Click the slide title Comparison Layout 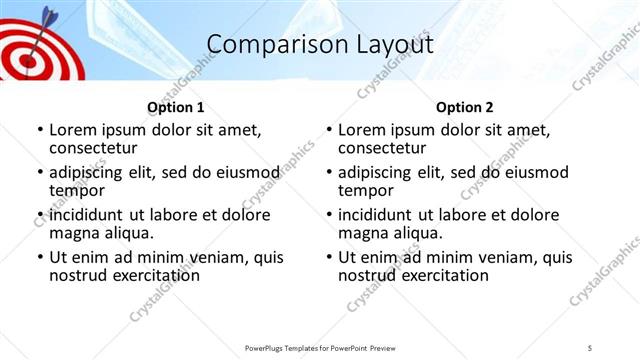(x=320, y=45)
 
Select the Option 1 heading (x=175, y=107)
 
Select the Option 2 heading (x=464, y=107)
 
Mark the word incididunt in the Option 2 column (x=382, y=215)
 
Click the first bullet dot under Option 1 (x=39, y=130)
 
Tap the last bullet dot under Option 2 (x=328, y=257)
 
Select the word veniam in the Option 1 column (x=222, y=257)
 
